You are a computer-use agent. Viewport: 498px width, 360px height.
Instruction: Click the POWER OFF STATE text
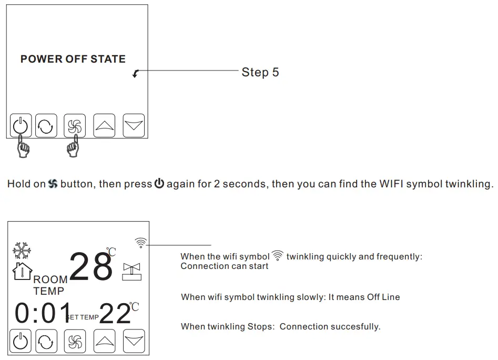73,59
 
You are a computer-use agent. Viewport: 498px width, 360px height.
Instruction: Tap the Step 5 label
260,73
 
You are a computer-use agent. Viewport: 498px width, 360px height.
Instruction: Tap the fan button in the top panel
75,126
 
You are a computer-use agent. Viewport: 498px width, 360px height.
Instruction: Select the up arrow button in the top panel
104,126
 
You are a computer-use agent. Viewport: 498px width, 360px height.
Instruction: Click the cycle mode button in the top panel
46,126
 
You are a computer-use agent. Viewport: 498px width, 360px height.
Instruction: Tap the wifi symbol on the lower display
140,242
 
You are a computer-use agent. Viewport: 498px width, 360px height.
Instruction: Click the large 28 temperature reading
90,266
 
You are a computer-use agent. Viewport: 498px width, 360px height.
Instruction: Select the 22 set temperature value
115,314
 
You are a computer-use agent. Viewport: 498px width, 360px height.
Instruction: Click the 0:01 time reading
42,314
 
